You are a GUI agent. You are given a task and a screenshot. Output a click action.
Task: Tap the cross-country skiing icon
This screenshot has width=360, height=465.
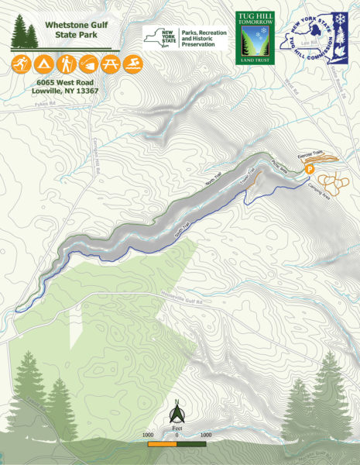point(19,63)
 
